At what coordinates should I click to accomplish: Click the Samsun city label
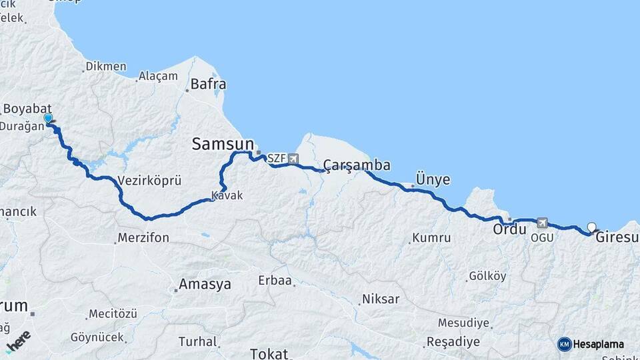[223, 143]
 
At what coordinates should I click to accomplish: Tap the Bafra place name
[208, 85]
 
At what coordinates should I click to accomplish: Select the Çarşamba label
[357, 165]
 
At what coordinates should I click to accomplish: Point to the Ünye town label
[433, 179]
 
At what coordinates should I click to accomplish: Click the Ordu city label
[509, 229]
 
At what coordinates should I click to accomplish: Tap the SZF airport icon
[294, 159]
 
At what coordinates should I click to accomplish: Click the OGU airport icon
[542, 223]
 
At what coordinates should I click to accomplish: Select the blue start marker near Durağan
[48, 119]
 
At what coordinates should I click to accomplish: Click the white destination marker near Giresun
[591, 227]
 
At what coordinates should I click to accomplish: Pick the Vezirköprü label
[149, 181]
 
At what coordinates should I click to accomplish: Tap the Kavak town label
[227, 196]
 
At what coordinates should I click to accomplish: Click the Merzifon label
[143, 237]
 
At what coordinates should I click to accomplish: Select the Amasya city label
[204, 285]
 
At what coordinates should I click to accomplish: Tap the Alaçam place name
[159, 76]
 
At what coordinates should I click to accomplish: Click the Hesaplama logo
[591, 344]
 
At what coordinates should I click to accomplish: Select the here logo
[18, 341]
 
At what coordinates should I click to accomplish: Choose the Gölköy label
[487, 275]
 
